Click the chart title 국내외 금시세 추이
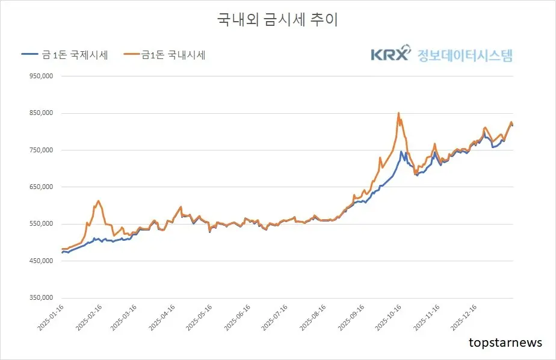pyautogui.click(x=277, y=19)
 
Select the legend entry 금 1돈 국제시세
pyautogui.click(x=65, y=55)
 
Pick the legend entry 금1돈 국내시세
pyautogui.click(x=165, y=55)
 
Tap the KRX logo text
pyautogui.click(x=390, y=55)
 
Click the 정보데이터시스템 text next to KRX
pyautogui.click(x=465, y=55)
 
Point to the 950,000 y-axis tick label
pyautogui.click(x=40, y=76)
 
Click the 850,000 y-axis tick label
pyautogui.click(x=40, y=113)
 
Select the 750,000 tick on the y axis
pyautogui.click(x=40, y=150)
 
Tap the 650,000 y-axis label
pyautogui.click(x=40, y=187)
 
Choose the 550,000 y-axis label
pyautogui.click(x=40, y=224)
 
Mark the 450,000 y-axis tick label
pyautogui.click(x=40, y=261)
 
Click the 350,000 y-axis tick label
pyautogui.click(x=40, y=298)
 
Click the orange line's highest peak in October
pyautogui.click(x=398, y=113)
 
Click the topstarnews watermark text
pyautogui.click(x=505, y=343)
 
